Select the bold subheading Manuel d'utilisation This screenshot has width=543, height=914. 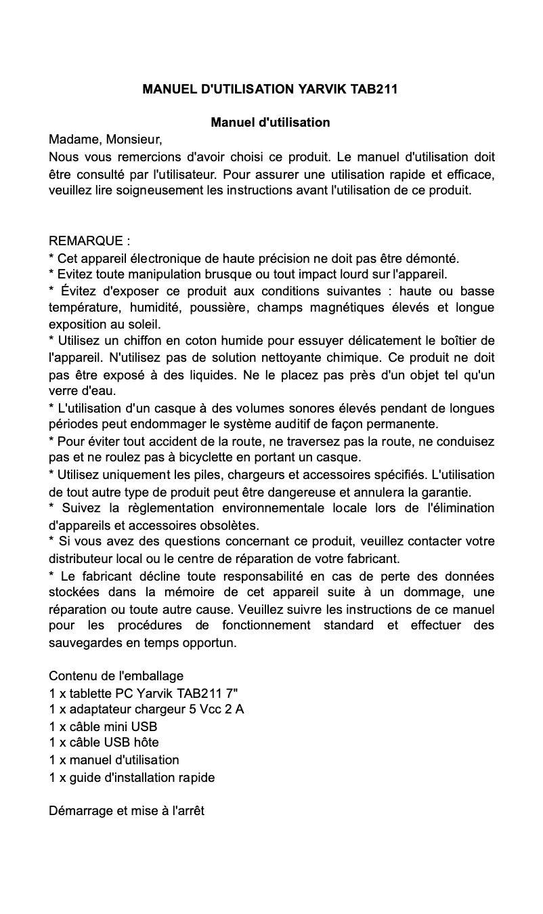270,123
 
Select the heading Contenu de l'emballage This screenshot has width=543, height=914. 116,676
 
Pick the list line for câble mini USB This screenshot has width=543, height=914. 103,726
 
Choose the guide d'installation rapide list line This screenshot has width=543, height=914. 132,777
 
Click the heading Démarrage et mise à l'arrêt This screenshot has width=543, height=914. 127,811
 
